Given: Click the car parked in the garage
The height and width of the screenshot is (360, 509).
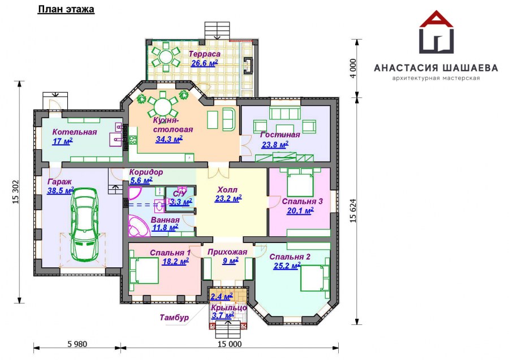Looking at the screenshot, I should [x=84, y=224].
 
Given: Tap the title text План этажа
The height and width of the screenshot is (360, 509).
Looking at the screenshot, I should [x=66, y=10].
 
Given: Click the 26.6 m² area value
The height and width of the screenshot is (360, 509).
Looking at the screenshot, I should [x=204, y=63].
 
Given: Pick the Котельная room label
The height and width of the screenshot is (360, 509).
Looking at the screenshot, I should [x=66, y=132].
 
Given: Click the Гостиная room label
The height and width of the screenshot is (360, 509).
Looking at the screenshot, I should [x=279, y=135].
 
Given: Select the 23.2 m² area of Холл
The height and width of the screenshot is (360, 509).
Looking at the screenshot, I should [x=228, y=198].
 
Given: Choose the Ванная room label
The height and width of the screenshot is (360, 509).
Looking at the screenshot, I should [x=165, y=220].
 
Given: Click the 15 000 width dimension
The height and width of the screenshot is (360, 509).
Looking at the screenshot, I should [x=229, y=344].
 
